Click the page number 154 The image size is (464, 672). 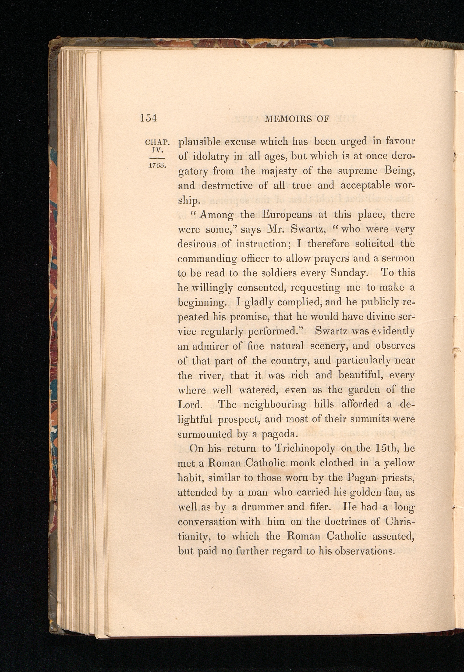[x=148, y=118]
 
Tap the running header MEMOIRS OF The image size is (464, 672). [x=297, y=119]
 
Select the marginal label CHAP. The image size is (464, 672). [x=157, y=143]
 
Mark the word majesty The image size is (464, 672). [x=279, y=171]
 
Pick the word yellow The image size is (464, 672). [x=399, y=463]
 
